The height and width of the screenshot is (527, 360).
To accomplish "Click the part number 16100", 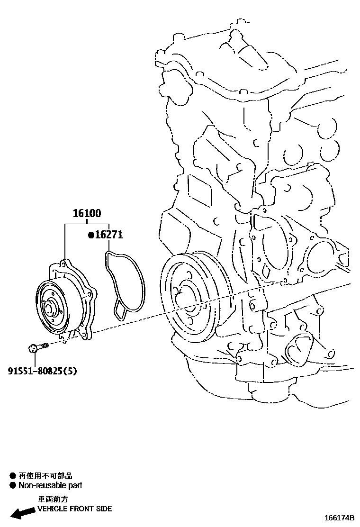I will [x=87, y=214].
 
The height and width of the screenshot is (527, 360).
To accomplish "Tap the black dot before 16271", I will [x=90, y=235].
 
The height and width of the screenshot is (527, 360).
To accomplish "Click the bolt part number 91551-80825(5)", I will [x=42, y=371].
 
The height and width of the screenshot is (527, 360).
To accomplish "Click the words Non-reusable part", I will [x=50, y=485].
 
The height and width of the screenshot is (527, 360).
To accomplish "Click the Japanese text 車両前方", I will [x=53, y=499].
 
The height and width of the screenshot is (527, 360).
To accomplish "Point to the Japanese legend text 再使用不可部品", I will [x=45, y=476].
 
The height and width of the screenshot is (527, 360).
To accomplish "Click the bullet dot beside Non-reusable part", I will [x=13, y=485].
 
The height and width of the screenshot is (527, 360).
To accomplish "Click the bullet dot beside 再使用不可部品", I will [x=13, y=476].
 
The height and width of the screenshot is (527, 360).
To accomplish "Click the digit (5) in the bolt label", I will [x=70, y=371].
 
